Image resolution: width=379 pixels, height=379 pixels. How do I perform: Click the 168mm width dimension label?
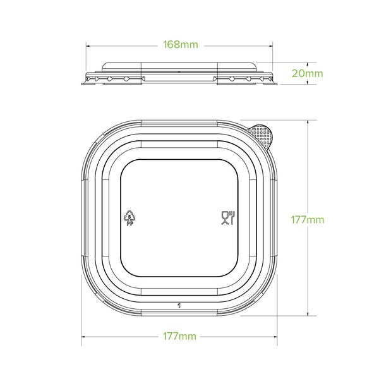[180, 45]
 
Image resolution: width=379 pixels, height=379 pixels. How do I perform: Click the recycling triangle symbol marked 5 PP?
[130, 217]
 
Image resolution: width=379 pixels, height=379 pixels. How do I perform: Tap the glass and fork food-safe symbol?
[227, 218]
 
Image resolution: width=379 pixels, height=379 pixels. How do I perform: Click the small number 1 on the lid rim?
[180, 306]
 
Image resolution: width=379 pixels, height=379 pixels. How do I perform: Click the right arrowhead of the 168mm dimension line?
[273, 45]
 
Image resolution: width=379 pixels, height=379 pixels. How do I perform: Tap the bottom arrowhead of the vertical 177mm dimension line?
[308, 318]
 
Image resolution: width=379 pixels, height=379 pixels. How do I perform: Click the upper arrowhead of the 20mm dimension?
[308, 64]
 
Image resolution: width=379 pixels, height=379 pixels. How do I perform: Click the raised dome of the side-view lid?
[180, 67]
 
